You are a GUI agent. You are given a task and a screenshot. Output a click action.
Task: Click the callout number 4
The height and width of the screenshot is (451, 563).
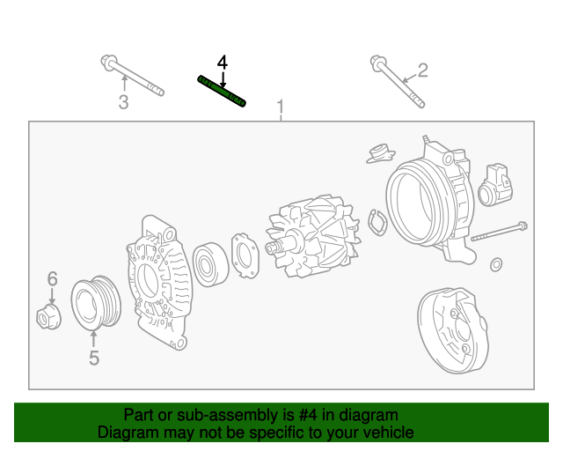coord(222,63)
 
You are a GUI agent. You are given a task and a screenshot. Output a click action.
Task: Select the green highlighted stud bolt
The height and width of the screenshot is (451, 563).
coord(221,91)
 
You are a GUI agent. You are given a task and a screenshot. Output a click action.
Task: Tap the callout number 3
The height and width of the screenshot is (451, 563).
coord(123,103)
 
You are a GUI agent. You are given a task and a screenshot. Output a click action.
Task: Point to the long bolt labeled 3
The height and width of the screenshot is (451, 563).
coord(132,76)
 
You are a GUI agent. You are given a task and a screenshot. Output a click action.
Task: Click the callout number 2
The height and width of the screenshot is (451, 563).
coord(422,70)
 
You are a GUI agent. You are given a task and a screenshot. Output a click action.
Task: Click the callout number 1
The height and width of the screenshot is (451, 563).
coord(281,109)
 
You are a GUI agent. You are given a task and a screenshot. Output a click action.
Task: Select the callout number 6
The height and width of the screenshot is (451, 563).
coord(52,279)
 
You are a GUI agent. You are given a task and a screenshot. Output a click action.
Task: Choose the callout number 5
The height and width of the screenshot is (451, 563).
coord(93,358)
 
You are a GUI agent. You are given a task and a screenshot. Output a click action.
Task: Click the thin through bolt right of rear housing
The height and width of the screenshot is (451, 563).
coord(499,233)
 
